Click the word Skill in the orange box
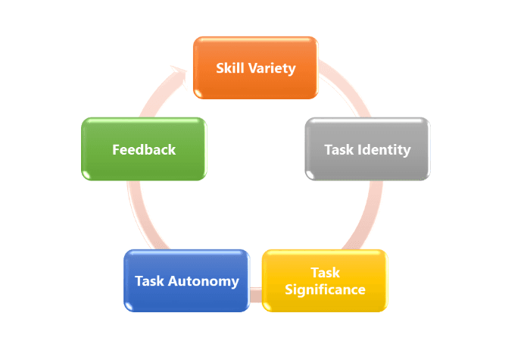tap(230, 68)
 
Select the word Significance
tap(326, 290)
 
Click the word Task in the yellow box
tap(326, 272)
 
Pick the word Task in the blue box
tap(149, 281)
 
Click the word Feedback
tap(144, 149)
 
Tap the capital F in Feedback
tap(117, 149)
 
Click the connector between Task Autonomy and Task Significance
tap(256, 292)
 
